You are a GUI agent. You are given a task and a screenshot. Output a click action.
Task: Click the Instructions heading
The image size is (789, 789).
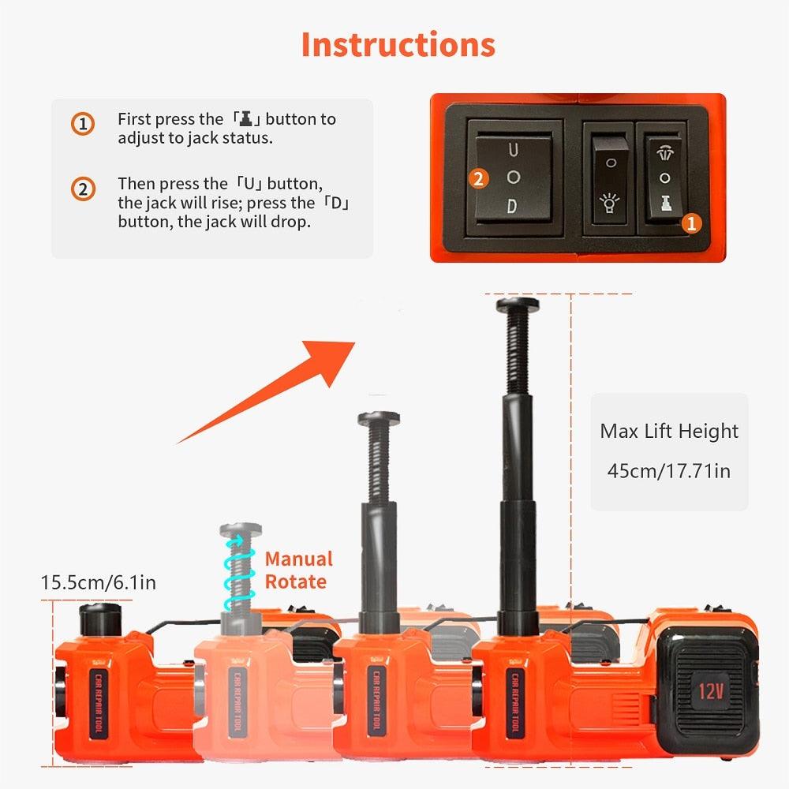[x=398, y=44]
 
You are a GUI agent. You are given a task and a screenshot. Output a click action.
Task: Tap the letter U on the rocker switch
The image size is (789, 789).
[x=513, y=149]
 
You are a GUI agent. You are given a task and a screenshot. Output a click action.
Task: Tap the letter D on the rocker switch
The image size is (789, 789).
[x=512, y=208]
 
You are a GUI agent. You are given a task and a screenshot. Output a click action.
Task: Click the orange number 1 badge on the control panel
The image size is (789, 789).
[x=690, y=224]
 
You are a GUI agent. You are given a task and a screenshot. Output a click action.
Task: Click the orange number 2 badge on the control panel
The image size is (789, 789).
[x=477, y=178]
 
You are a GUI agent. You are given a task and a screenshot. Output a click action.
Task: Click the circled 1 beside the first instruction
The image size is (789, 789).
[x=83, y=124]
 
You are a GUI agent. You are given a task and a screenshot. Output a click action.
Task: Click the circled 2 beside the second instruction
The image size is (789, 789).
[x=83, y=189]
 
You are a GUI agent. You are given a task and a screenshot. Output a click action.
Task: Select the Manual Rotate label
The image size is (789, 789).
[x=297, y=570]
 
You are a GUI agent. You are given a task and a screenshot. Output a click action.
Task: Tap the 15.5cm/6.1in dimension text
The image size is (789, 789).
[x=99, y=583]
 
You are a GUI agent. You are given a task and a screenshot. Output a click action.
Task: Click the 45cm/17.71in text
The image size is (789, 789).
[x=668, y=471]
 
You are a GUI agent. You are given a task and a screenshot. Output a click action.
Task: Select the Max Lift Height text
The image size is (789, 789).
[x=669, y=432]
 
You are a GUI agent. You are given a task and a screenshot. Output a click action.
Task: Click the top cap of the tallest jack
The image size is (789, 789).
[x=517, y=304]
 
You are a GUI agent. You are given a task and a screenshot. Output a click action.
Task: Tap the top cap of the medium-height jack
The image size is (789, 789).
[x=379, y=418]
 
